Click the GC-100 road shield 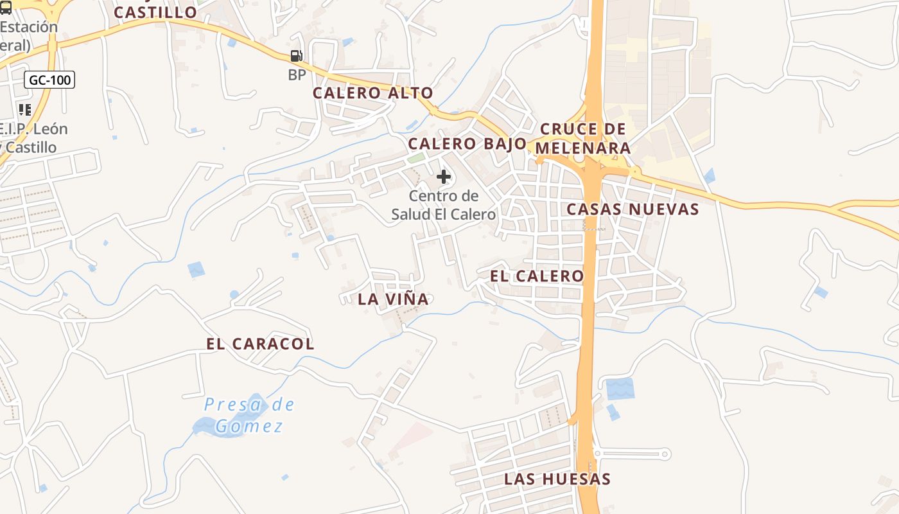coord(49,80)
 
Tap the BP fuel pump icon coord(296,57)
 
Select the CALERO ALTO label coord(372,93)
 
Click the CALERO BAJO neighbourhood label coord(467,143)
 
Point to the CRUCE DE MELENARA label coord(582,138)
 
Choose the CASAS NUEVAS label coord(633,209)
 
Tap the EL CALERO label coord(537,276)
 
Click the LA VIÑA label coord(393,299)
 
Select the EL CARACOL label coord(260,344)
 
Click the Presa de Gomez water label coord(249,415)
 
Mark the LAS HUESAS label coord(557,479)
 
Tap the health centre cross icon coord(444,177)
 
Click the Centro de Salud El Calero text coord(444,205)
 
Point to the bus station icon coord(5,8)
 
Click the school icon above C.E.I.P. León coord(25,110)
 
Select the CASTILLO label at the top coord(155,13)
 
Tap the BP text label coord(297,75)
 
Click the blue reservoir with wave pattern coord(620,389)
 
